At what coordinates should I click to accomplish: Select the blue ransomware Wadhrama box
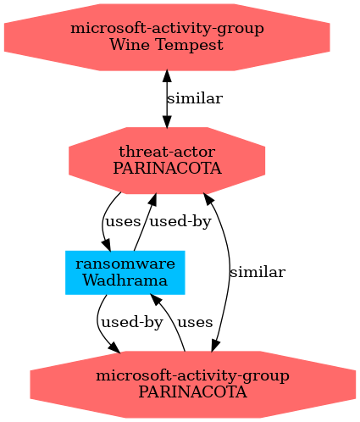(x=125, y=273)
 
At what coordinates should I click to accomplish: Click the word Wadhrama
(x=125, y=280)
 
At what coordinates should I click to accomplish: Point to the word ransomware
(x=125, y=264)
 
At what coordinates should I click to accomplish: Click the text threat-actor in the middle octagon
(x=167, y=152)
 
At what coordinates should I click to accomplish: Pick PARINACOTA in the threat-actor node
(x=167, y=169)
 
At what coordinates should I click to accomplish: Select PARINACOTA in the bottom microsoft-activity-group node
(x=193, y=392)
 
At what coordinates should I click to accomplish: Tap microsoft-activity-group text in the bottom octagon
(x=193, y=376)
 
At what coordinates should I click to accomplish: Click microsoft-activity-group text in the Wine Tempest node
(x=167, y=29)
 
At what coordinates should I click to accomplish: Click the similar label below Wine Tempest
(x=195, y=98)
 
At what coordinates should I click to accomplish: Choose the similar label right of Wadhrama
(x=258, y=272)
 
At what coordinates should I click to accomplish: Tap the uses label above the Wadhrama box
(x=123, y=222)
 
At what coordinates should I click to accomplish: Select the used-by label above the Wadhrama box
(x=180, y=221)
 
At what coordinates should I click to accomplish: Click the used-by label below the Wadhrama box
(x=132, y=322)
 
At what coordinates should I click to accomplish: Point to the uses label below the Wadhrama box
(x=195, y=323)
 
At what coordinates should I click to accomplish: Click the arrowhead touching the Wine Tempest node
(x=167, y=76)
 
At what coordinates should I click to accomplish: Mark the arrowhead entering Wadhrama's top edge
(x=107, y=245)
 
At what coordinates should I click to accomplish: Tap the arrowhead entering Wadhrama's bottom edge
(x=156, y=299)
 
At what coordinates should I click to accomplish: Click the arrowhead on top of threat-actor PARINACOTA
(x=167, y=121)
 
